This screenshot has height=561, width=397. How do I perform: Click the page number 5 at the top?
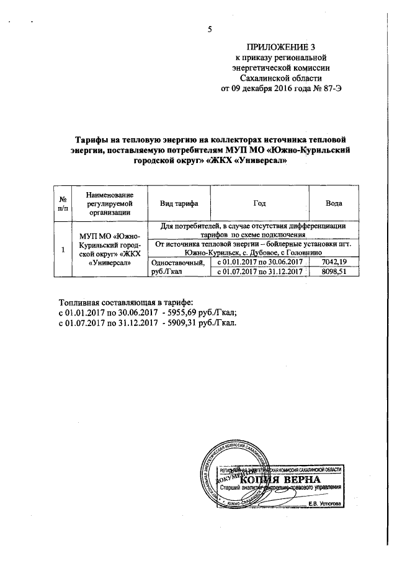click(210, 29)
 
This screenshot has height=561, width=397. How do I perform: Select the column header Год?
click(259, 203)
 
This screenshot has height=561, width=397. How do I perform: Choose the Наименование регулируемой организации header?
click(110, 203)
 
